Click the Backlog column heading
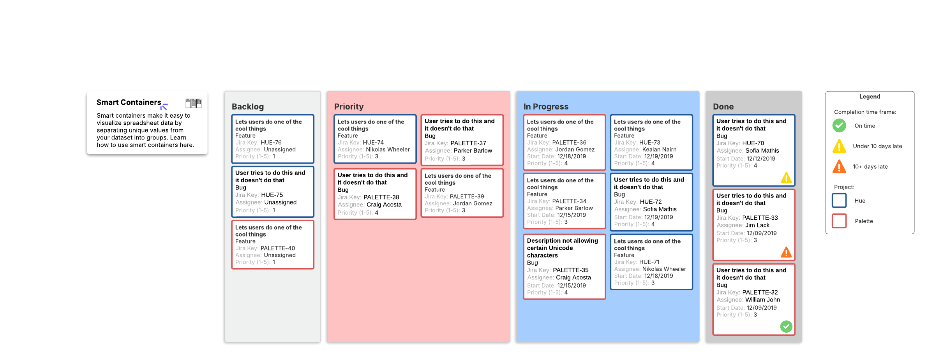click(248, 107)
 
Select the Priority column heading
click(349, 107)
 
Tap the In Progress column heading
click(546, 107)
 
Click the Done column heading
click(723, 107)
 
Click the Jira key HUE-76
click(271, 143)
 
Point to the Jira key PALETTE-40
click(278, 248)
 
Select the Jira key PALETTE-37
click(468, 143)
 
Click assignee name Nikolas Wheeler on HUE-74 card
click(388, 150)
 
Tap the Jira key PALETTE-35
click(571, 270)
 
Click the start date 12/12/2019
click(761, 159)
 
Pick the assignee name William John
click(762, 300)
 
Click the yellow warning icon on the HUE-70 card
click(786, 178)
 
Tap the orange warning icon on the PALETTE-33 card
click(786, 252)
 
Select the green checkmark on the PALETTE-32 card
click(786, 326)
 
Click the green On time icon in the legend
click(839, 125)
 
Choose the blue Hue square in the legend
click(839, 201)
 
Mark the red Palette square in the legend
click(839, 221)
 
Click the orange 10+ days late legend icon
click(839, 167)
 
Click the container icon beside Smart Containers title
click(193, 103)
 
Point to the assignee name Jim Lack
click(757, 225)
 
